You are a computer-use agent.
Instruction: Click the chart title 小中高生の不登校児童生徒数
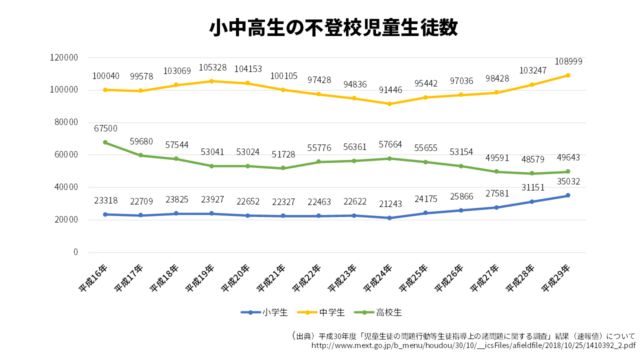[x=333, y=28]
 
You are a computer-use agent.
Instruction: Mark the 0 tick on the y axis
[x=75, y=252]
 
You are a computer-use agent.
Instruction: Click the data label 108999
[x=568, y=61]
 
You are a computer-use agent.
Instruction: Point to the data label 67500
[x=105, y=128]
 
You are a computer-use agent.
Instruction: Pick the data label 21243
[x=390, y=204]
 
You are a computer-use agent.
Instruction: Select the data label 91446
[x=390, y=90]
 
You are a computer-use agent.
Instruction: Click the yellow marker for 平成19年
[x=212, y=81]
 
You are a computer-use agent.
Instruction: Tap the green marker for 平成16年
[x=105, y=142]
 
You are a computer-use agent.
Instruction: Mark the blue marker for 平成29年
[x=568, y=195]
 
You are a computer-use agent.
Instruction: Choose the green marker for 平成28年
[x=532, y=173]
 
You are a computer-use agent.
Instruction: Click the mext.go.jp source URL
[x=473, y=345]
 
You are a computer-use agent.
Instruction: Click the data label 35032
[x=568, y=181]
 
